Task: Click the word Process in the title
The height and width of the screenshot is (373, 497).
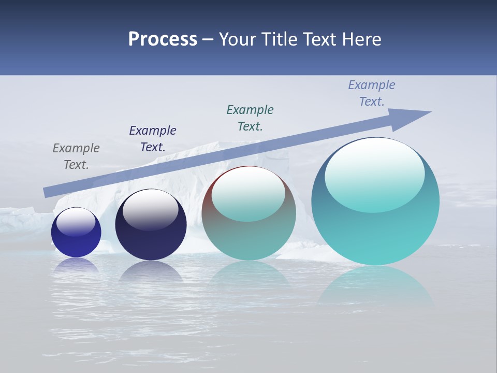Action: coord(163,39)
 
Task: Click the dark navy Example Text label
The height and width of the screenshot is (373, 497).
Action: coord(153,139)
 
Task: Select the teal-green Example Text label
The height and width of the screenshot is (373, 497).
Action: coord(250,118)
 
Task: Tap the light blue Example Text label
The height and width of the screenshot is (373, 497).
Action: coord(371,93)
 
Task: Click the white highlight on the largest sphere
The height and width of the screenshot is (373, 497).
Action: coord(374,168)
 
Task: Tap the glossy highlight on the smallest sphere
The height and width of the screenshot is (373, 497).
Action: coord(76,222)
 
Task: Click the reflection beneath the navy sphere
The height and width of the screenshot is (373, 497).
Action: coord(151,272)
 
